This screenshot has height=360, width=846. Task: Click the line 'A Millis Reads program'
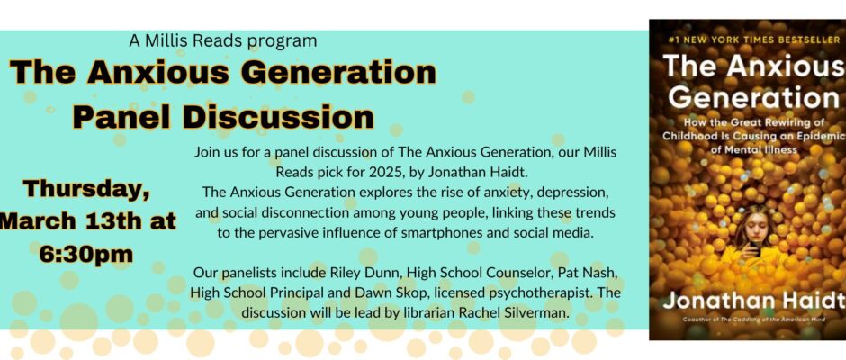[x=223, y=41]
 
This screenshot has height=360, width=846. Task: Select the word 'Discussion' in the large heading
[x=278, y=117]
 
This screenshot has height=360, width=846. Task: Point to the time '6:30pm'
[x=86, y=254]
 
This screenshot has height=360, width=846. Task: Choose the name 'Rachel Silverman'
[x=521, y=313]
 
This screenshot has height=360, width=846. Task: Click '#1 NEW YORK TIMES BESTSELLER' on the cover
[x=753, y=40]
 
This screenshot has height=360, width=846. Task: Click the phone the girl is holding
[x=755, y=249]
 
